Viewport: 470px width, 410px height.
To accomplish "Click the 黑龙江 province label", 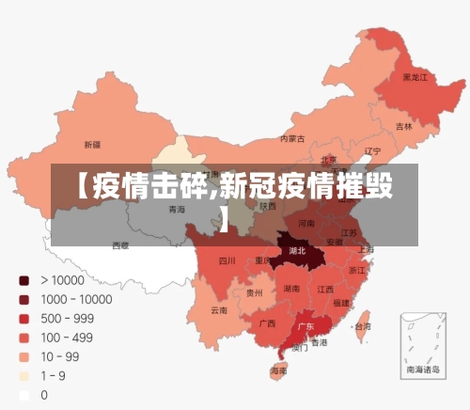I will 415,77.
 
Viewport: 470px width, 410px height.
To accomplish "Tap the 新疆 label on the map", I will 92,145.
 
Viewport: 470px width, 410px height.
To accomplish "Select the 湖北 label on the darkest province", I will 298,252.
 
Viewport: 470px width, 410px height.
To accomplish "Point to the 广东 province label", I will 305,327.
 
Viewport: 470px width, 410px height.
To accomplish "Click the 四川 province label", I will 227,260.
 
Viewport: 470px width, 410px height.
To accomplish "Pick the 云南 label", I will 219,310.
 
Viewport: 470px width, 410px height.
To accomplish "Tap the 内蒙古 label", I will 293,139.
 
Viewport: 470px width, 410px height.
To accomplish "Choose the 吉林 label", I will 404,126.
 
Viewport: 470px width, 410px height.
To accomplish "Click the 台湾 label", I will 361,326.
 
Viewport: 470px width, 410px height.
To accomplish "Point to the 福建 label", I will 340,303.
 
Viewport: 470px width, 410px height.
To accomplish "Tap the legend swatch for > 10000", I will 24,280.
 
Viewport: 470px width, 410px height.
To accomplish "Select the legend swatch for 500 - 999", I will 24,319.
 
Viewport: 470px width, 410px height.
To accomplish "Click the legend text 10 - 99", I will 60,356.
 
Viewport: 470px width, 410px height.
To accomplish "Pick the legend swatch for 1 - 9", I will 24,376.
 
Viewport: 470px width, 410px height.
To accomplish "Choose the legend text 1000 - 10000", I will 76,299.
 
